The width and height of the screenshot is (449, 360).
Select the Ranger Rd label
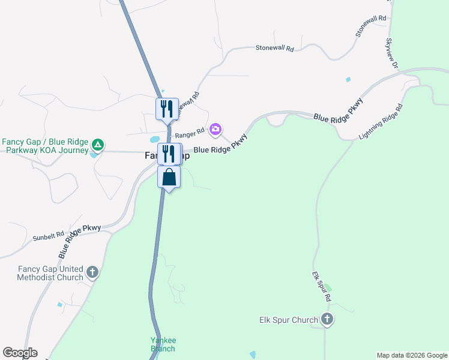[x=190, y=130]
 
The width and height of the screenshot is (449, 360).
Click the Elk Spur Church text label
[x=288, y=320]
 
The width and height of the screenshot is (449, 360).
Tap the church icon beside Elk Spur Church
[x=327, y=319]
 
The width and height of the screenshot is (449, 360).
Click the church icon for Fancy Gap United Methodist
[x=92, y=272]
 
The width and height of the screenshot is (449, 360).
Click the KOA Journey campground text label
[x=45, y=146]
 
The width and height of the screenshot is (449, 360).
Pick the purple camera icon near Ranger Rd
[x=215, y=129]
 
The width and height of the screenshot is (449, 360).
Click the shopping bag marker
[x=169, y=178]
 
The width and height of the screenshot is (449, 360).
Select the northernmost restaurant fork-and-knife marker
[x=167, y=109]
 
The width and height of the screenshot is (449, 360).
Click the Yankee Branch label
[x=163, y=344]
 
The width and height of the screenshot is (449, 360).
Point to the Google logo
[x=20, y=353]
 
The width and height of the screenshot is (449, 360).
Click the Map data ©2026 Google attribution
[x=412, y=355]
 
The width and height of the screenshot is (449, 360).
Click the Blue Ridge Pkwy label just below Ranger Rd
[x=220, y=147]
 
